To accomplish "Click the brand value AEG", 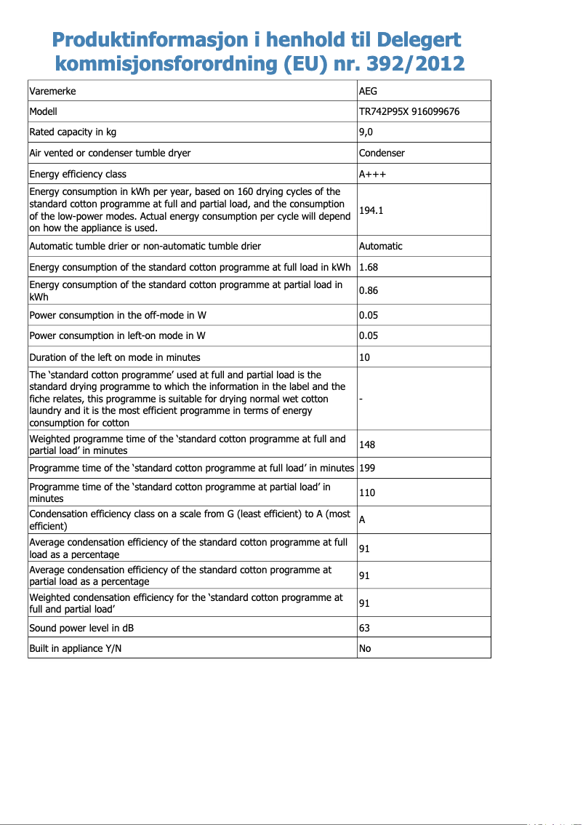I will [369, 91].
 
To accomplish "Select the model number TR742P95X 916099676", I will [409, 111].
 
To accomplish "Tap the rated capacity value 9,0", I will [366, 132].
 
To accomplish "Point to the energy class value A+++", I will [372, 174].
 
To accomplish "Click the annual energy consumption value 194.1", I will [371, 210].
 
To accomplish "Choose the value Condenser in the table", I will [382, 153].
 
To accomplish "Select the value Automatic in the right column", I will [380, 246].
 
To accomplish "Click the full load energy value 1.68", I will [369, 267].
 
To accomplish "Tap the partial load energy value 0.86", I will [369, 291].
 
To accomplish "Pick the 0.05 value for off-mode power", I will [369, 315].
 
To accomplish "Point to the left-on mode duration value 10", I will [365, 357].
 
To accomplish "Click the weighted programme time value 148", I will [367, 445].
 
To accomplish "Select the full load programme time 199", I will [367, 468].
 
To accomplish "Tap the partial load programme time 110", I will [367, 493].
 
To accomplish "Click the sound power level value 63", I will [365, 627].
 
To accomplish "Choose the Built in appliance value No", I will [365, 648].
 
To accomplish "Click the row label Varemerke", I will [52, 91].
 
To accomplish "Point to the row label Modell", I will [43, 111].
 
